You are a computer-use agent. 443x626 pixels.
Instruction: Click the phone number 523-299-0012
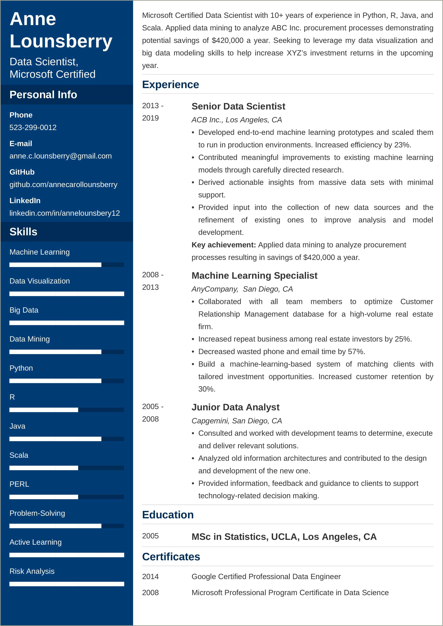33,127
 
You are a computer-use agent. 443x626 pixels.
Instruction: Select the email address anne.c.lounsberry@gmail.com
61,156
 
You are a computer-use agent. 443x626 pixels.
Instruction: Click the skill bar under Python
67,381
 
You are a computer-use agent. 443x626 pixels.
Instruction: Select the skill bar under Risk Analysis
67,584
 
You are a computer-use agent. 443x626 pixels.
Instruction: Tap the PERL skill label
19,484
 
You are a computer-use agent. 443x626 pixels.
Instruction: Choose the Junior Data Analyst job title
235,407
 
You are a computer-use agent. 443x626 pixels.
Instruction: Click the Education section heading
168,515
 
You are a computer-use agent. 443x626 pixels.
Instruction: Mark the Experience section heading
171,85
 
